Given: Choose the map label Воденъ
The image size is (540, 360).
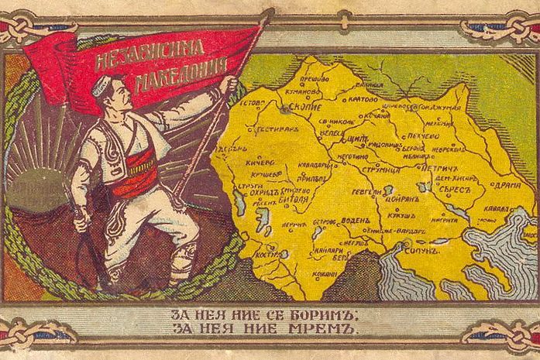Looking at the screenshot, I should point(357,219).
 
